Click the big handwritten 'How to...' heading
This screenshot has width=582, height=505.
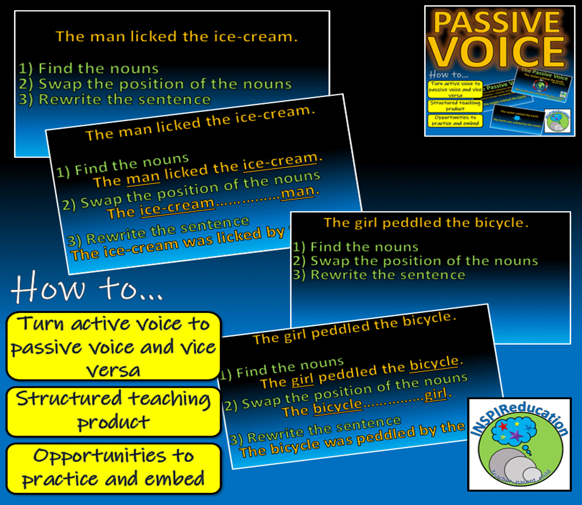pos(87,288)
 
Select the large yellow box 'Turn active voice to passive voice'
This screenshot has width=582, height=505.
pos(113,346)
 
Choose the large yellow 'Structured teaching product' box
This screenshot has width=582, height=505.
pos(113,411)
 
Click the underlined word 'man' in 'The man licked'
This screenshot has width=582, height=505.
pos(143,178)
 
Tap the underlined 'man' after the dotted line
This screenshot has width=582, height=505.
pos(297,193)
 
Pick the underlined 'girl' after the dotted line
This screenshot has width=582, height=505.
pos(435,394)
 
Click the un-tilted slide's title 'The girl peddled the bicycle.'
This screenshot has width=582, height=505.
pos(426,223)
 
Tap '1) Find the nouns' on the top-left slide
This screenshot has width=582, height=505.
pos(89,69)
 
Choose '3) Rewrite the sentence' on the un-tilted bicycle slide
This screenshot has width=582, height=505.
pos(379,275)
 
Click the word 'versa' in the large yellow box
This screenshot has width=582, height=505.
pos(113,370)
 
